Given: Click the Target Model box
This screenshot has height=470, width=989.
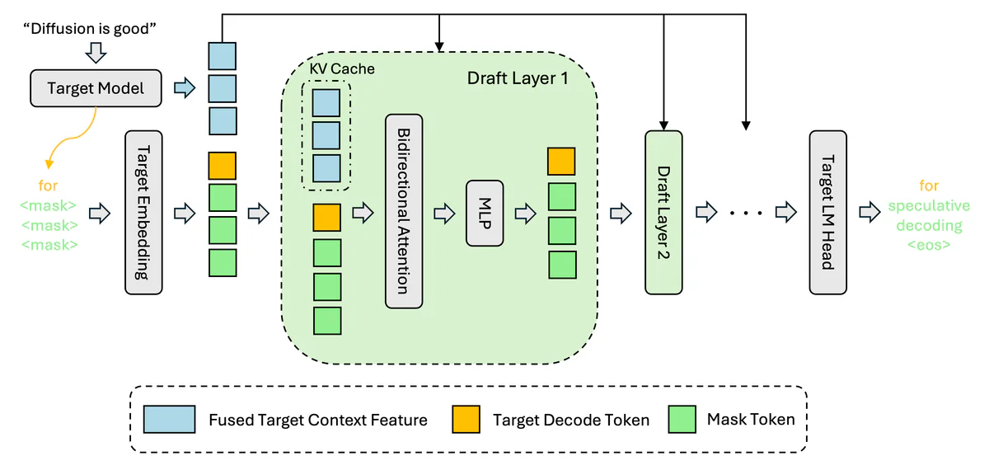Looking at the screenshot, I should [x=95, y=87].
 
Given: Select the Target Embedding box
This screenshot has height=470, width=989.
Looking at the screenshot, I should [x=143, y=212].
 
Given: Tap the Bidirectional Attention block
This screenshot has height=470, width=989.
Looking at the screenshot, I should [x=403, y=211].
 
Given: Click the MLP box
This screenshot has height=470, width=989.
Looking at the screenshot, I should [x=485, y=213].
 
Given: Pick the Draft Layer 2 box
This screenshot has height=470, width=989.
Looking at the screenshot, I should [x=663, y=212].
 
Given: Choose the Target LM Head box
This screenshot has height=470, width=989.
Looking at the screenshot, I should [x=827, y=212].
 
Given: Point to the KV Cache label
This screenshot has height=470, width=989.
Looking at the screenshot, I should [x=342, y=68].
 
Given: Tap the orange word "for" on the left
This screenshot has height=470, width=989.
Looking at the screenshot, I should [x=49, y=186].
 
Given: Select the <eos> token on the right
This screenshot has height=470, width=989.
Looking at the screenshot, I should [x=929, y=245].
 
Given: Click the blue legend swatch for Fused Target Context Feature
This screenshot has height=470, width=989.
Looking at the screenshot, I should [x=169, y=420].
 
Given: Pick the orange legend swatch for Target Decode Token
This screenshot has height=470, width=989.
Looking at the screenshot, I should [x=466, y=420].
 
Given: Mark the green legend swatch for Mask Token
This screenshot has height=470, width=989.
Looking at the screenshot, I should [x=680, y=420].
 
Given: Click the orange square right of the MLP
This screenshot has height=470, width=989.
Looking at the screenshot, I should [x=562, y=162].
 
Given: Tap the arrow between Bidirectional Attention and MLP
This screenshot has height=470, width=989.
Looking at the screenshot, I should [x=443, y=213].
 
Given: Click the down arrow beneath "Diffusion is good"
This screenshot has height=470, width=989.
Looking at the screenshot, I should [x=96, y=54].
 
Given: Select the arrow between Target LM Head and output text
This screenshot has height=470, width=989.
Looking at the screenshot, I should [x=869, y=212].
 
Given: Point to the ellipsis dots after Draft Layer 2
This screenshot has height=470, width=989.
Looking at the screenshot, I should [x=748, y=213].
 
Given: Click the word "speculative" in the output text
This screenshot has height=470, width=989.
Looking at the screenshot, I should [x=929, y=205].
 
